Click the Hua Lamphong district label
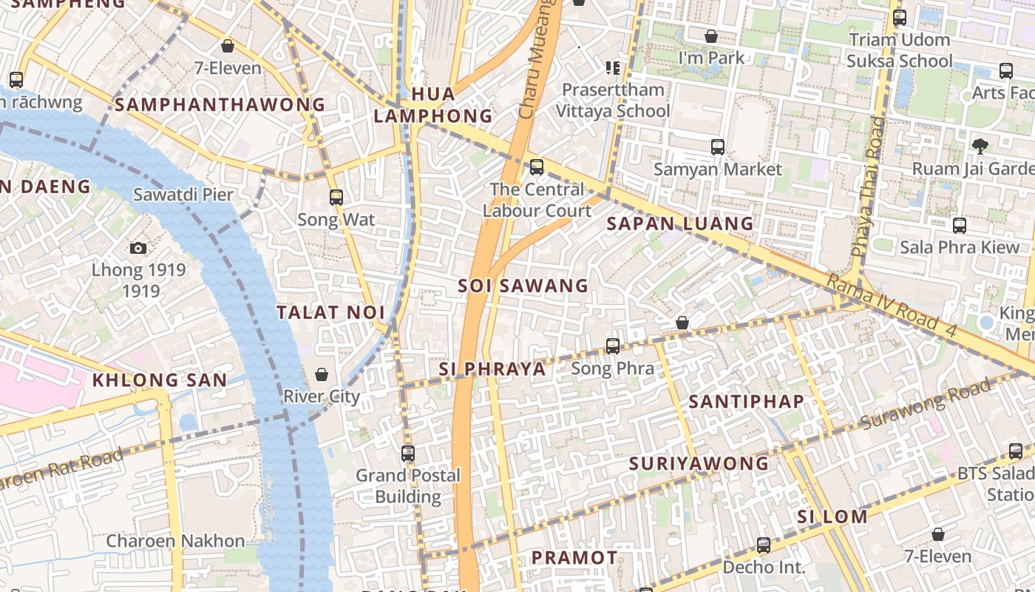(432, 105)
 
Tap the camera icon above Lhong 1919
(138, 249)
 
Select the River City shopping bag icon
(322, 375)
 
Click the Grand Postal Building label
(408, 485)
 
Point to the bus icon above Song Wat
(336, 198)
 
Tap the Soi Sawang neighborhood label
(523, 286)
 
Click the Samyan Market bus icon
(717, 147)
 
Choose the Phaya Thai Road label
(866, 186)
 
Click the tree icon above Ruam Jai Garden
(980, 147)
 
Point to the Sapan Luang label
(680, 223)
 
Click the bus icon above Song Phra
(613, 346)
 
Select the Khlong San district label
(160, 380)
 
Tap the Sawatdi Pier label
(183, 195)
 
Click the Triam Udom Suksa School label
(900, 50)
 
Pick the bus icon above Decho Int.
(764, 545)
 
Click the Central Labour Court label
(537, 200)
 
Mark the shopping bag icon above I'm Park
(711, 36)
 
